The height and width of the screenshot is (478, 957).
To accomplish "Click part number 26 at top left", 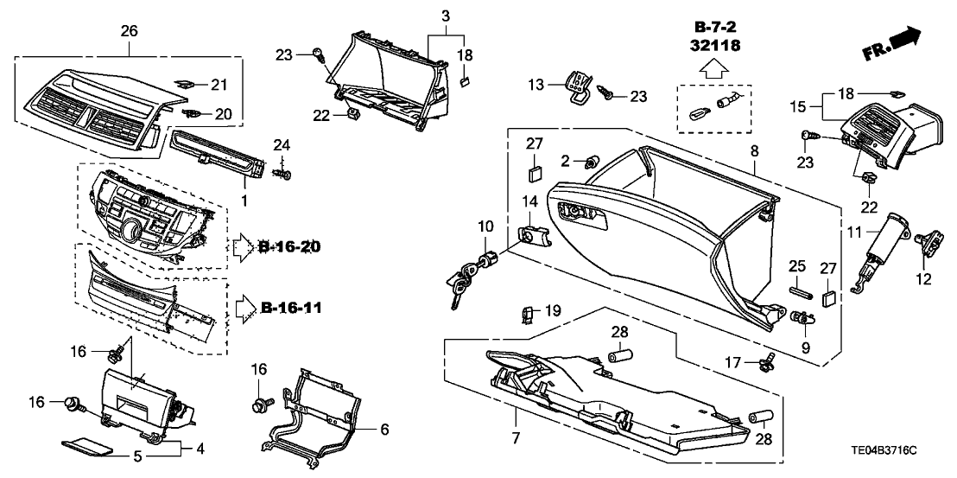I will point(129,31).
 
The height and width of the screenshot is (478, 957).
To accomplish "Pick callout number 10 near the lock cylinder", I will point(487,226).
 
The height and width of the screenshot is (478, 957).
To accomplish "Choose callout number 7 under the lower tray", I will point(515,438).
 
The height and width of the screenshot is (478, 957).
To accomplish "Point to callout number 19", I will point(553,309).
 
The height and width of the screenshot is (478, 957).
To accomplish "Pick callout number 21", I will point(218,84).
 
